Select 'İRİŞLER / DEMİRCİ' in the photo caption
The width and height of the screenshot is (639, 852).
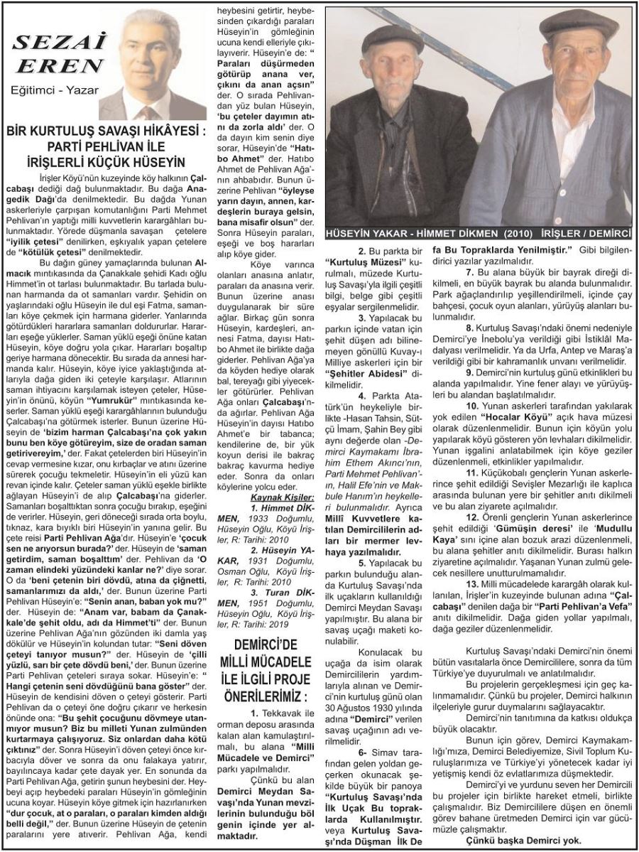(584, 234)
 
